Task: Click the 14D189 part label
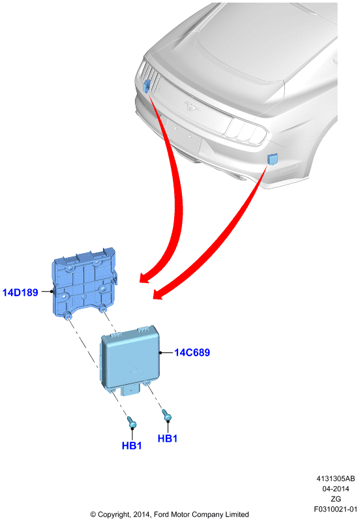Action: (20, 292)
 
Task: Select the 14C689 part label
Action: (192, 352)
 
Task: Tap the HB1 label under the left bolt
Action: (132, 446)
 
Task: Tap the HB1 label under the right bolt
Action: (168, 438)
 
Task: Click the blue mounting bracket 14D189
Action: (83, 283)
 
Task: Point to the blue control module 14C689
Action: (130, 360)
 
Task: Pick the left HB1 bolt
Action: (132, 422)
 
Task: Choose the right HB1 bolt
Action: (167, 415)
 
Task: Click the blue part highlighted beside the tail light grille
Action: (146, 86)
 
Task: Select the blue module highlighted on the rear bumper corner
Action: (273, 159)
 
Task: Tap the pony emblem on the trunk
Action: (192, 106)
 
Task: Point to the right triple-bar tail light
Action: (247, 131)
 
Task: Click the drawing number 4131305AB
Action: (335, 479)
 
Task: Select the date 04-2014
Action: (335, 489)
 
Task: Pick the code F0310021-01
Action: (335, 510)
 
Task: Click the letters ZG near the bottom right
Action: (335, 499)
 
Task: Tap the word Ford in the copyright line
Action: (162, 514)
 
